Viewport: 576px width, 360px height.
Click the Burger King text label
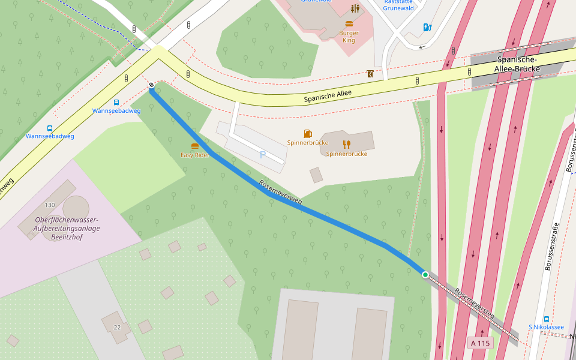349,37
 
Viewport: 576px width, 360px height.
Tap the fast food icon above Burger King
349,24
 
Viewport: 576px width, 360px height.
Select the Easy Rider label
195,155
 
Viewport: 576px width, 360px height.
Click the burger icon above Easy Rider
195,146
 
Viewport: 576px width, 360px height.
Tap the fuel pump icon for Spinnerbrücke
308,134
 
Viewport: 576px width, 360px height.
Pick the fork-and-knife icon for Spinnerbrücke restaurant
346,144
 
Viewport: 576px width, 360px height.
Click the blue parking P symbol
262,155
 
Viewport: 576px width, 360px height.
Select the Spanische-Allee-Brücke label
517,65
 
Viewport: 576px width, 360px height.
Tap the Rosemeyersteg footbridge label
474,303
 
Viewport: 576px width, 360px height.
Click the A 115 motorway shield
481,343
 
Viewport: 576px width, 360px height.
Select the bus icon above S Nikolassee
546,319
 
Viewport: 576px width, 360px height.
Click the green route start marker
425,275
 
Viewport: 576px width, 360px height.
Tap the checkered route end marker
151,86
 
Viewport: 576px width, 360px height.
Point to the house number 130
49,205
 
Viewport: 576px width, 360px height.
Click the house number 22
117,327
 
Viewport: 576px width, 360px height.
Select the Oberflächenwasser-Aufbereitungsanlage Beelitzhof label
67,229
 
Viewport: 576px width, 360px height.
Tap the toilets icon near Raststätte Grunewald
356,8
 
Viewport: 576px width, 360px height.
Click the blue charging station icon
427,27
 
